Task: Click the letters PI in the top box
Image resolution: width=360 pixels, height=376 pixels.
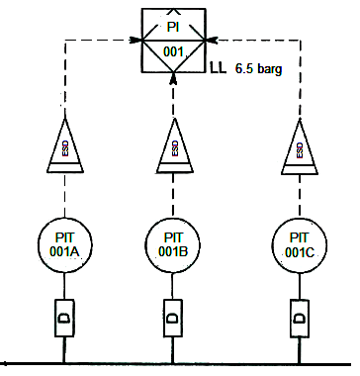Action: tap(173, 27)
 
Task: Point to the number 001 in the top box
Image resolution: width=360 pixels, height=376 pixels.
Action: tap(173, 51)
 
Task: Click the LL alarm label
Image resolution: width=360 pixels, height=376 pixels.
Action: tap(219, 68)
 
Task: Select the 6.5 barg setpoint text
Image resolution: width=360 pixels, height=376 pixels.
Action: tap(258, 69)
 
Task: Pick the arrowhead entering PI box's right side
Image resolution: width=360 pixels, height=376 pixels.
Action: tap(212, 41)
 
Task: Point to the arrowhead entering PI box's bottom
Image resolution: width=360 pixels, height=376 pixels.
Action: tap(174, 78)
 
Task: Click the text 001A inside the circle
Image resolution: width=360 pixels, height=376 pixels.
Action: tap(64, 252)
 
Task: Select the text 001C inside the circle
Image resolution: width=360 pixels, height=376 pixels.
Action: tap(300, 252)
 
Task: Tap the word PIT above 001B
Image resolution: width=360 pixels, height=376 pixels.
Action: tap(173, 237)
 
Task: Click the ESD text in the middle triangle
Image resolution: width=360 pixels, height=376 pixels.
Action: tap(175, 148)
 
